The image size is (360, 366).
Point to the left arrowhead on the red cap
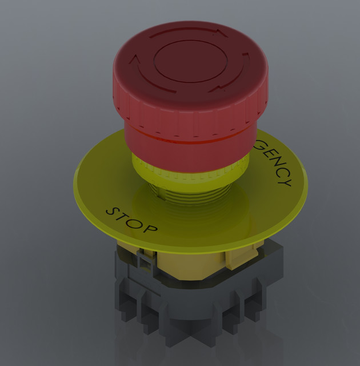tap(136, 58)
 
